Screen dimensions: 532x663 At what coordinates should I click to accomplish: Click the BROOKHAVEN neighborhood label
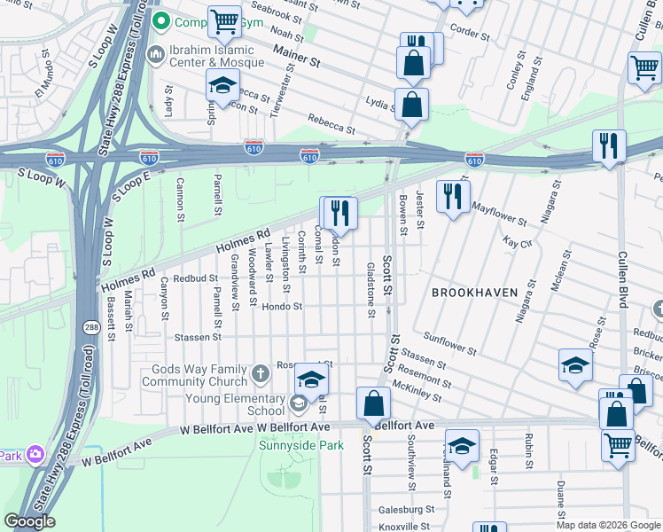pos(474,292)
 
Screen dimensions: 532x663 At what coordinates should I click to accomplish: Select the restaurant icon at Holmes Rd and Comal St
pos(338,213)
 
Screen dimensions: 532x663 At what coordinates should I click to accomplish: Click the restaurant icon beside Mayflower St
pos(453,197)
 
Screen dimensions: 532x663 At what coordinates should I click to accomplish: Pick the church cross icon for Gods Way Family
pos(261,373)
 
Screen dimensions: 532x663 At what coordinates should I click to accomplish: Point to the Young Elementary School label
pos(235,404)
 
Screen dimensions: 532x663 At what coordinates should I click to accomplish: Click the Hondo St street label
pos(282,307)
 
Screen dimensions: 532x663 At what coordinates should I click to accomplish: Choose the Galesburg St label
pos(406,510)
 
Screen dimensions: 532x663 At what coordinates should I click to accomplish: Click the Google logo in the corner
pos(30,521)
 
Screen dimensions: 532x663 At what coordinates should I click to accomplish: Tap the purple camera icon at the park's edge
pos(35,455)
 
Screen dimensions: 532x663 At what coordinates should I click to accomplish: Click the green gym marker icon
pos(160,20)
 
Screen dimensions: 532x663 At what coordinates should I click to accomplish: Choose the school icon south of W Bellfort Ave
pos(462,446)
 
